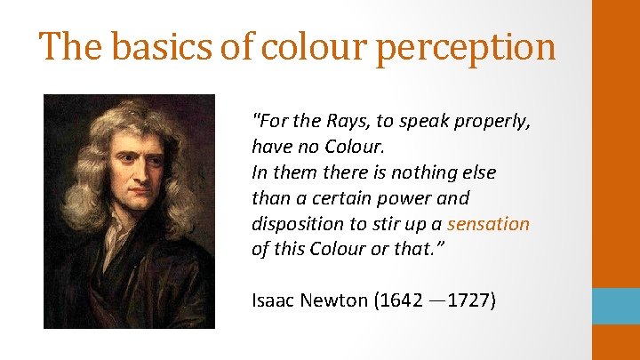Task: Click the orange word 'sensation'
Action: pyautogui.click(x=488, y=224)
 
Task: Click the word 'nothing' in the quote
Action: pyautogui.click(x=416, y=172)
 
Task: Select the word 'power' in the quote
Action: pyautogui.click(x=408, y=198)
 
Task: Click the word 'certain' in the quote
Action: pyautogui.click(x=342, y=197)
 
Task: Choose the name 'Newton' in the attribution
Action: pyautogui.click(x=333, y=300)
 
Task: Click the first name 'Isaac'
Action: pyautogui.click(x=273, y=300)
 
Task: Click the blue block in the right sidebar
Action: pyautogui.click(x=616, y=306)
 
